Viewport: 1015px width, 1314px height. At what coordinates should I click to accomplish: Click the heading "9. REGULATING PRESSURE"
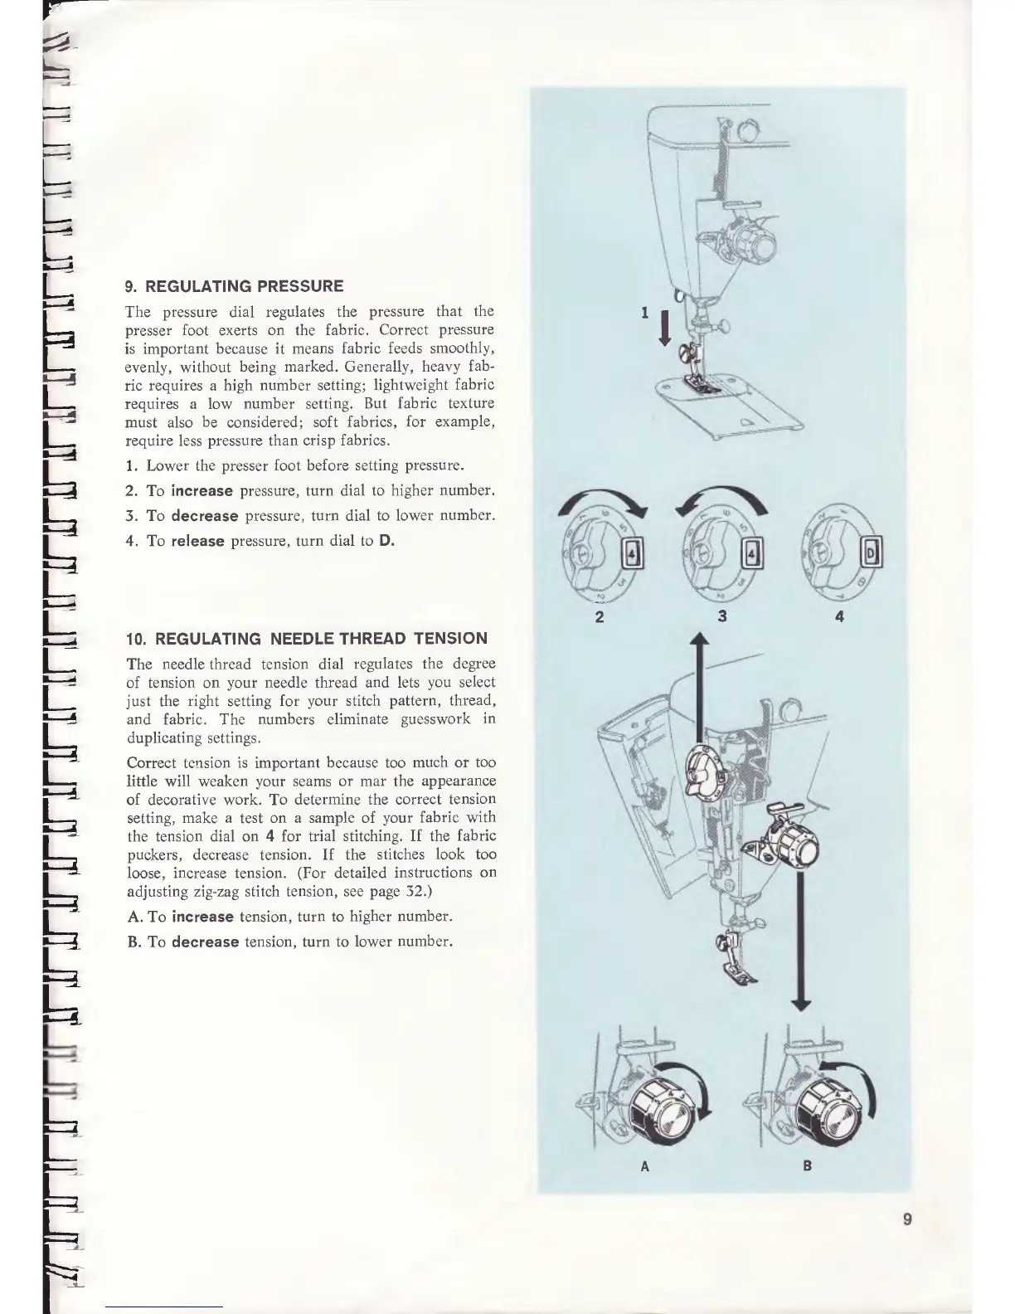click(x=233, y=286)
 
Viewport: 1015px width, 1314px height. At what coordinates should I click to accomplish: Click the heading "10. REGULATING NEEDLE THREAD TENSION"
click(x=306, y=639)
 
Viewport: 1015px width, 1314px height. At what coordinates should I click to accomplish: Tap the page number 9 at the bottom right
click(x=908, y=1219)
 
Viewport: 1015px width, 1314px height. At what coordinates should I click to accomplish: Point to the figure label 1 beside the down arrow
click(x=644, y=313)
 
